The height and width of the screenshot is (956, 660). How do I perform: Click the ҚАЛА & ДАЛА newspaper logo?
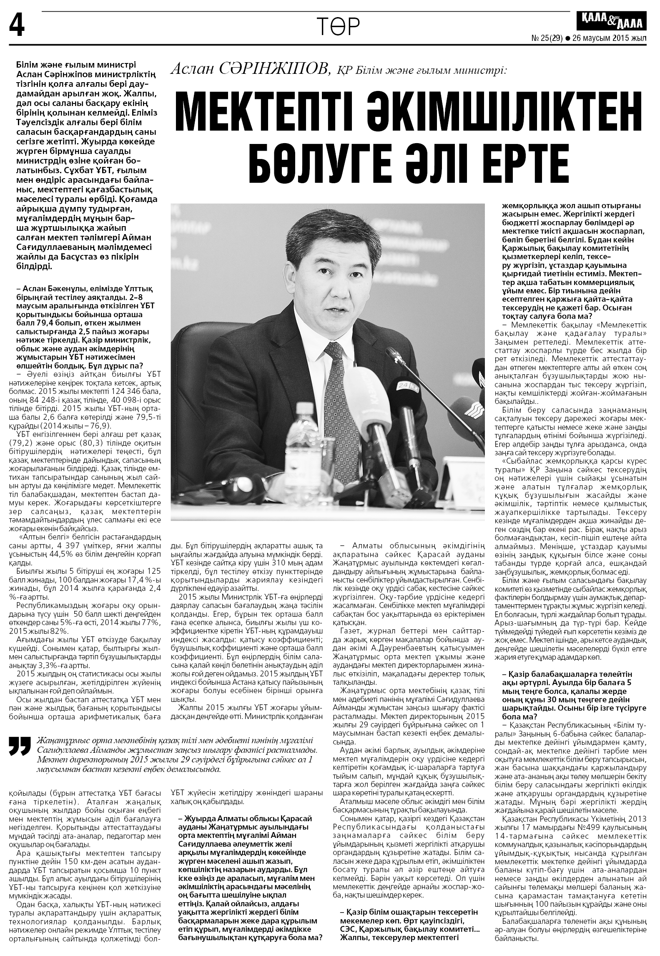(x=611, y=21)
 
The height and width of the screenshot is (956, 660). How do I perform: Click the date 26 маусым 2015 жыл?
(x=609, y=38)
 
